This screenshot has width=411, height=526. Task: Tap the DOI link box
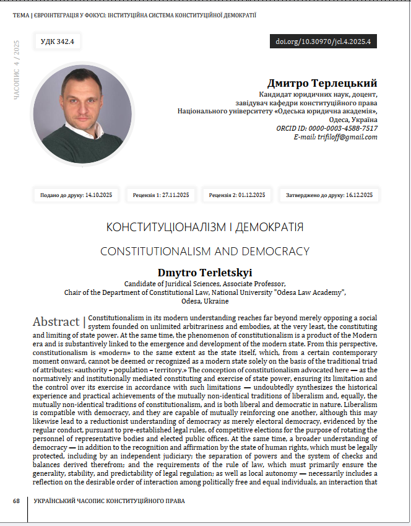[323, 42]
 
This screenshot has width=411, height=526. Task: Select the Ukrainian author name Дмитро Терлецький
[322, 83]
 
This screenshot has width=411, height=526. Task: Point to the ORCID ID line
[327, 128]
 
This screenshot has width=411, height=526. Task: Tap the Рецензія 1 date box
[161, 195]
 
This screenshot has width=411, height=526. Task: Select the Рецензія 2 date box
[237, 195]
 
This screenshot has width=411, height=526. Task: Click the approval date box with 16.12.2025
[329, 195]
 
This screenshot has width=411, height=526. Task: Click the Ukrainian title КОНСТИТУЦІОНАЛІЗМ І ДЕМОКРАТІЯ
[205, 227]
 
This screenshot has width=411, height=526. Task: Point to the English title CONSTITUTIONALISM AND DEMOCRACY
[205, 252]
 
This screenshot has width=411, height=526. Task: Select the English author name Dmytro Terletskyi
[205, 273]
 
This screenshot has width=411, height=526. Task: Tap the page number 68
[17, 500]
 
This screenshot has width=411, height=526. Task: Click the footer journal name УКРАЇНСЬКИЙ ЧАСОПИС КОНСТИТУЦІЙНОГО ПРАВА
[109, 500]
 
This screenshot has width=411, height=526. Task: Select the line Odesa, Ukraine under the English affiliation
[205, 301]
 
